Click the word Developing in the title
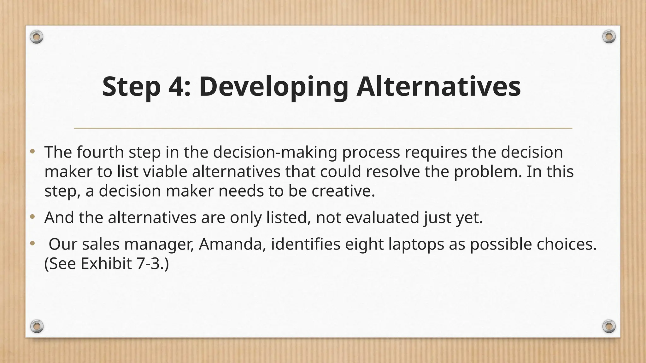point(273,87)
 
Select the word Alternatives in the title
point(438,87)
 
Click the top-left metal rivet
point(37,37)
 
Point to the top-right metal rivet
point(609,37)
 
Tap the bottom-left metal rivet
point(37,326)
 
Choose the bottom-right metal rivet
point(609,326)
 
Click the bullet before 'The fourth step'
point(32,152)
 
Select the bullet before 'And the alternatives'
point(32,217)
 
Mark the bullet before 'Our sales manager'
point(32,244)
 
